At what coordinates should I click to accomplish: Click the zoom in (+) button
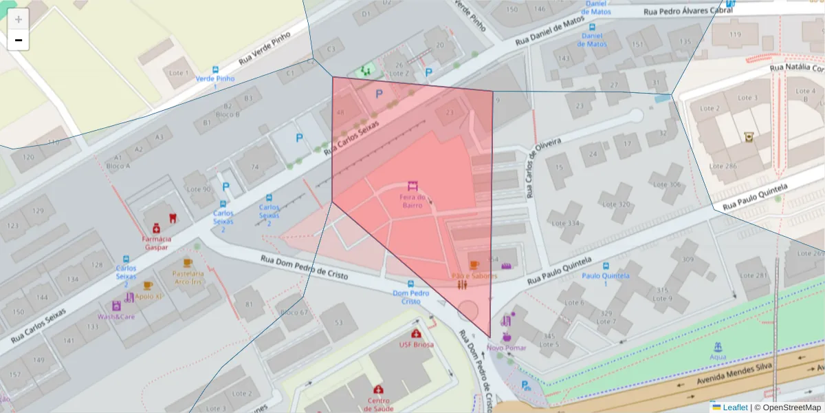tap(19, 19)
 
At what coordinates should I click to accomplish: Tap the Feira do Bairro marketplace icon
tap(413, 186)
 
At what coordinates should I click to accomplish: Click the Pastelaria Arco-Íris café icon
tap(188, 263)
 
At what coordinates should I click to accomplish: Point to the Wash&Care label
tap(116, 317)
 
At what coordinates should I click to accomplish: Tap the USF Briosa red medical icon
tap(417, 333)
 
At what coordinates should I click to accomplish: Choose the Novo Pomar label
tap(507, 348)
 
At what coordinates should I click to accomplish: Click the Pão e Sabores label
tap(474, 275)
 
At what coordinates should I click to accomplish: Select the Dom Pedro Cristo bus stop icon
tap(411, 283)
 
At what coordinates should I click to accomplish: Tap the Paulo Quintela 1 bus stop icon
tap(606, 266)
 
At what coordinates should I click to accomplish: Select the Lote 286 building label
tap(723, 166)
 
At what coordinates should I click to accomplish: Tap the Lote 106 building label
tap(667, 184)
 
